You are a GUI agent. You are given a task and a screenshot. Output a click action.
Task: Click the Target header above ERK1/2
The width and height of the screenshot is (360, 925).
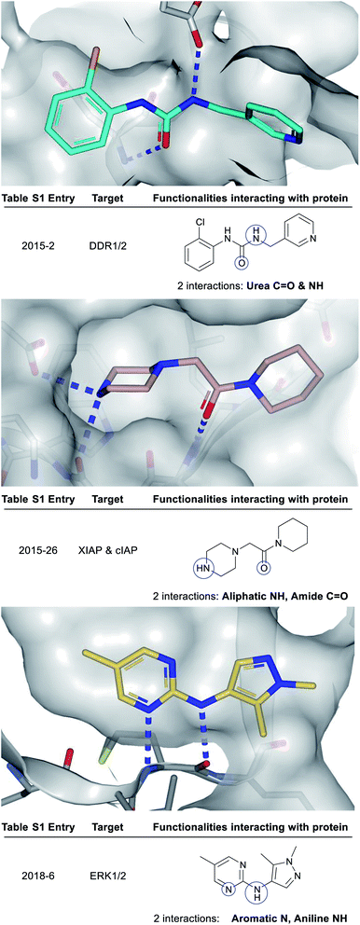pyautogui.click(x=108, y=821)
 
